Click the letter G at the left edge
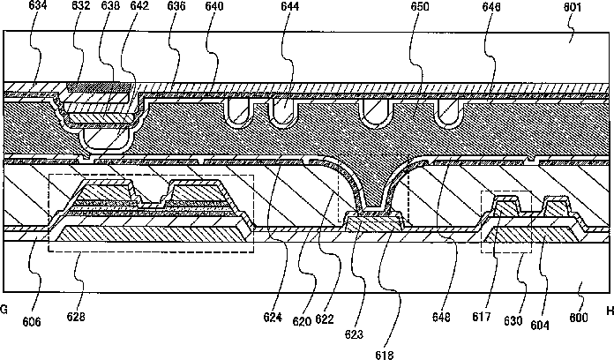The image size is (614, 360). click(4, 311)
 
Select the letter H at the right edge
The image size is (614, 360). click(608, 311)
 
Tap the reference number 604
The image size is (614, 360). click(540, 325)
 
